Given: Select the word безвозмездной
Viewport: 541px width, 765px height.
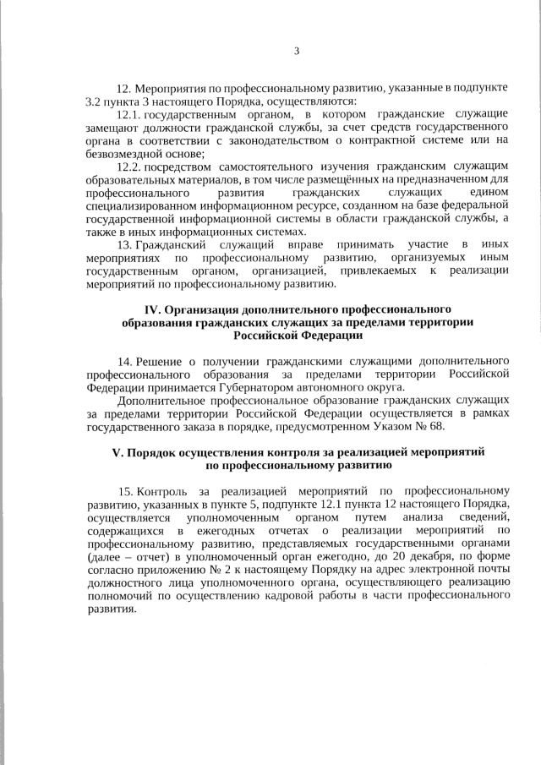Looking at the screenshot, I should coord(125,153).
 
